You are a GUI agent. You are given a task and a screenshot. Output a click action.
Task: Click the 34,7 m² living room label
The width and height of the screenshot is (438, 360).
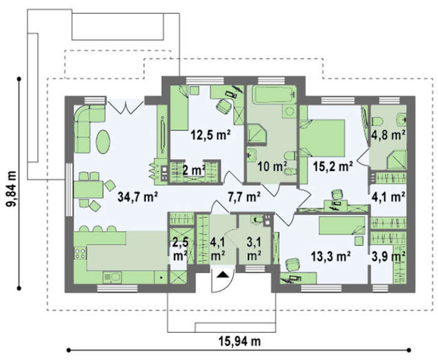tap(138, 197)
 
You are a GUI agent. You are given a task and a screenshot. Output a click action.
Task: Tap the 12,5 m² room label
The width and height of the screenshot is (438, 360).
tap(210, 135)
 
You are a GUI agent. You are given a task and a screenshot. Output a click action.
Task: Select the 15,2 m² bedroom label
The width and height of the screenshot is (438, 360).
tap(333, 167)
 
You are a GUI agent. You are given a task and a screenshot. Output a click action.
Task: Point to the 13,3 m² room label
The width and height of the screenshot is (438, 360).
tap(331, 256)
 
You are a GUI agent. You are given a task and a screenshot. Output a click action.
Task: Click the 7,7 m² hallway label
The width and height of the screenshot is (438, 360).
tap(244, 197)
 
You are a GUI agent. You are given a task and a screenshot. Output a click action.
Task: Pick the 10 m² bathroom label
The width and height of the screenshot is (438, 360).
tap(272, 167)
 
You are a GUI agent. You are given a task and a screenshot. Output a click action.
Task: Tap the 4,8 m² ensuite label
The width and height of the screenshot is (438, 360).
tap(389, 135)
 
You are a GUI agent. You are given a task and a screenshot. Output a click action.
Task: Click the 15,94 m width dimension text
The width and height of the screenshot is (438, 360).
tap(240, 341)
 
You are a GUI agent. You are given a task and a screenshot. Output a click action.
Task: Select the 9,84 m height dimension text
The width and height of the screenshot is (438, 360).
tap(11, 188)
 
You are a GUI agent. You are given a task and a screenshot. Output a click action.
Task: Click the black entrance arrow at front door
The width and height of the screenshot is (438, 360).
tap(223, 274)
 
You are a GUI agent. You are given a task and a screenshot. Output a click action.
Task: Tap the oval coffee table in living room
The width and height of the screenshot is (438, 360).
tap(103, 141)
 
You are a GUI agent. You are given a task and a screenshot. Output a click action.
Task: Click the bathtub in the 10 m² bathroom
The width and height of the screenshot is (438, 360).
tap(274, 95)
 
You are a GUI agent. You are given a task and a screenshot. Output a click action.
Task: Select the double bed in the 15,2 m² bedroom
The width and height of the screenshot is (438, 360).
tap(322, 138)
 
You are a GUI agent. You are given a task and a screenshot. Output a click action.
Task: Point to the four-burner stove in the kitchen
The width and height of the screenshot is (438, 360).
tap(80, 253)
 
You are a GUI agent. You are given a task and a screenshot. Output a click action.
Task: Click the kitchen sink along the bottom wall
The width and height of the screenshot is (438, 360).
tap(112, 277)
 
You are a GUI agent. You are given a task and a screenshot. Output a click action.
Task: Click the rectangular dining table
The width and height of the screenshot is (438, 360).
tap(88, 190)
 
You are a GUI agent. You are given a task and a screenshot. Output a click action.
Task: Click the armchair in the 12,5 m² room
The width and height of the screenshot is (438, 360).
tap(224, 107)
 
